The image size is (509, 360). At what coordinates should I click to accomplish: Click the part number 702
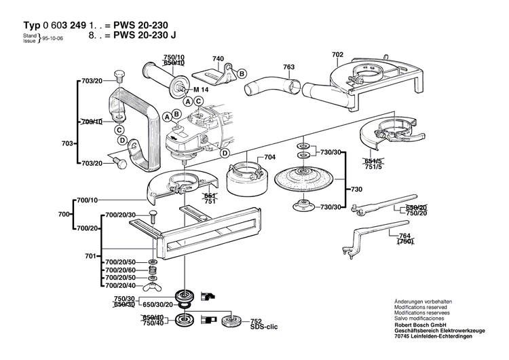[x=337, y=54]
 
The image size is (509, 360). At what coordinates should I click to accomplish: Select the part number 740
[x=217, y=59]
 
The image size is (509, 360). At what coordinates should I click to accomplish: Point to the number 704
[x=269, y=157]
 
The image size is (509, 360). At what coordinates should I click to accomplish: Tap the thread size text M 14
[x=202, y=90]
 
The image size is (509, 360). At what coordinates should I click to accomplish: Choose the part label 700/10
[x=88, y=200]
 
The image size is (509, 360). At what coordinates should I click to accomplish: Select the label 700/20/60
[x=119, y=270]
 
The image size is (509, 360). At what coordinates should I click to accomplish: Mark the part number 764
[x=406, y=234]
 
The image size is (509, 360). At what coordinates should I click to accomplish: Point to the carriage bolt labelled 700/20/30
[x=152, y=217]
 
